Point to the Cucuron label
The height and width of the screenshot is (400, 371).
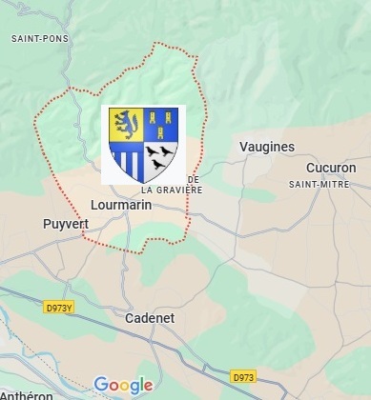click(330, 168)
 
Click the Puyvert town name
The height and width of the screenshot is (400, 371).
click(66, 224)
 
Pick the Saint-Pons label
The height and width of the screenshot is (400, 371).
click(33, 39)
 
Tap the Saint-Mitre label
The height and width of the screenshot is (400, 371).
click(322, 184)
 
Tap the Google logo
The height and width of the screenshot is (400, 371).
click(123, 386)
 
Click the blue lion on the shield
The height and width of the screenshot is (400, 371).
click(127, 124)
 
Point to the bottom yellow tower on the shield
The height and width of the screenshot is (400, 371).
click(161, 132)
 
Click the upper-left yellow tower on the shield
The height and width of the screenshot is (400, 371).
click(153, 116)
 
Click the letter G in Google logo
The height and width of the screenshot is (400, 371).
click(101, 385)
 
